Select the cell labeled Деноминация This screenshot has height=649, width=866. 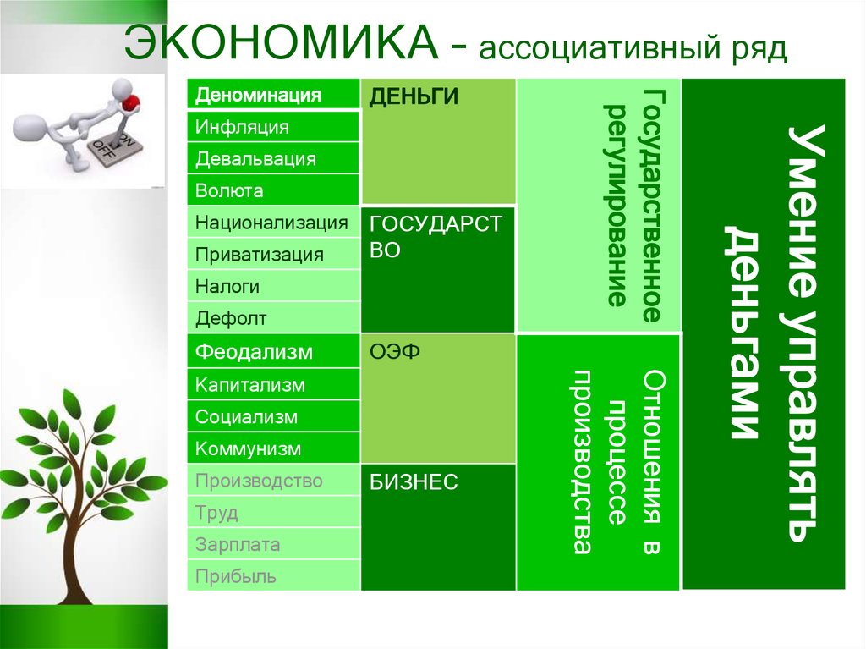(258, 95)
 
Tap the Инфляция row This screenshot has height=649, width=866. (242, 127)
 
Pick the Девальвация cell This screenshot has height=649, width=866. (255, 159)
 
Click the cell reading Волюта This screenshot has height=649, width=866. (229, 191)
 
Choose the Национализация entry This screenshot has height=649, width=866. (271, 223)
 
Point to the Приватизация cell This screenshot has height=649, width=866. (259, 255)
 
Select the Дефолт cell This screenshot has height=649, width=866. (231, 319)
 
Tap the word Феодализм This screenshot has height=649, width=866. (254, 351)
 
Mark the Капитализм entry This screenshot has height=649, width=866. (249, 385)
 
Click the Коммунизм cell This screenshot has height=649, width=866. (248, 448)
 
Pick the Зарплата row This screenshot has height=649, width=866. (237, 545)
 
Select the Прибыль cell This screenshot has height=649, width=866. (236, 577)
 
